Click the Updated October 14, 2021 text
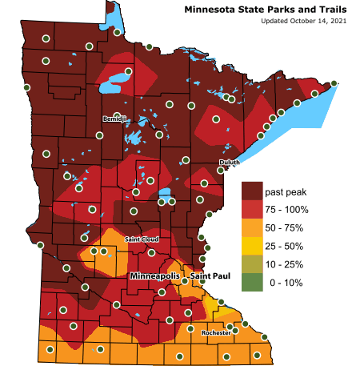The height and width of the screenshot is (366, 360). (x=294, y=21)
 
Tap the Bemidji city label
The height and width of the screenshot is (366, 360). (x=115, y=119)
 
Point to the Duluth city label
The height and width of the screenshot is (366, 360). (x=229, y=163)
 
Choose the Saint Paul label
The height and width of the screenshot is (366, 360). (x=210, y=276)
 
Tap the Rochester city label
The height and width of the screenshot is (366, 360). (x=215, y=332)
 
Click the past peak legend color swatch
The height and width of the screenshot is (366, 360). (x=252, y=191)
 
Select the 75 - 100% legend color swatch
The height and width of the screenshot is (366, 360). (x=252, y=210)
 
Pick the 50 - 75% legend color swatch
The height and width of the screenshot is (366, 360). (x=252, y=227)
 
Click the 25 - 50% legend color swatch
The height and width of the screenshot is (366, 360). (x=252, y=246)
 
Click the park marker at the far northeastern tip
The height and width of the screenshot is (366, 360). (x=334, y=83)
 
